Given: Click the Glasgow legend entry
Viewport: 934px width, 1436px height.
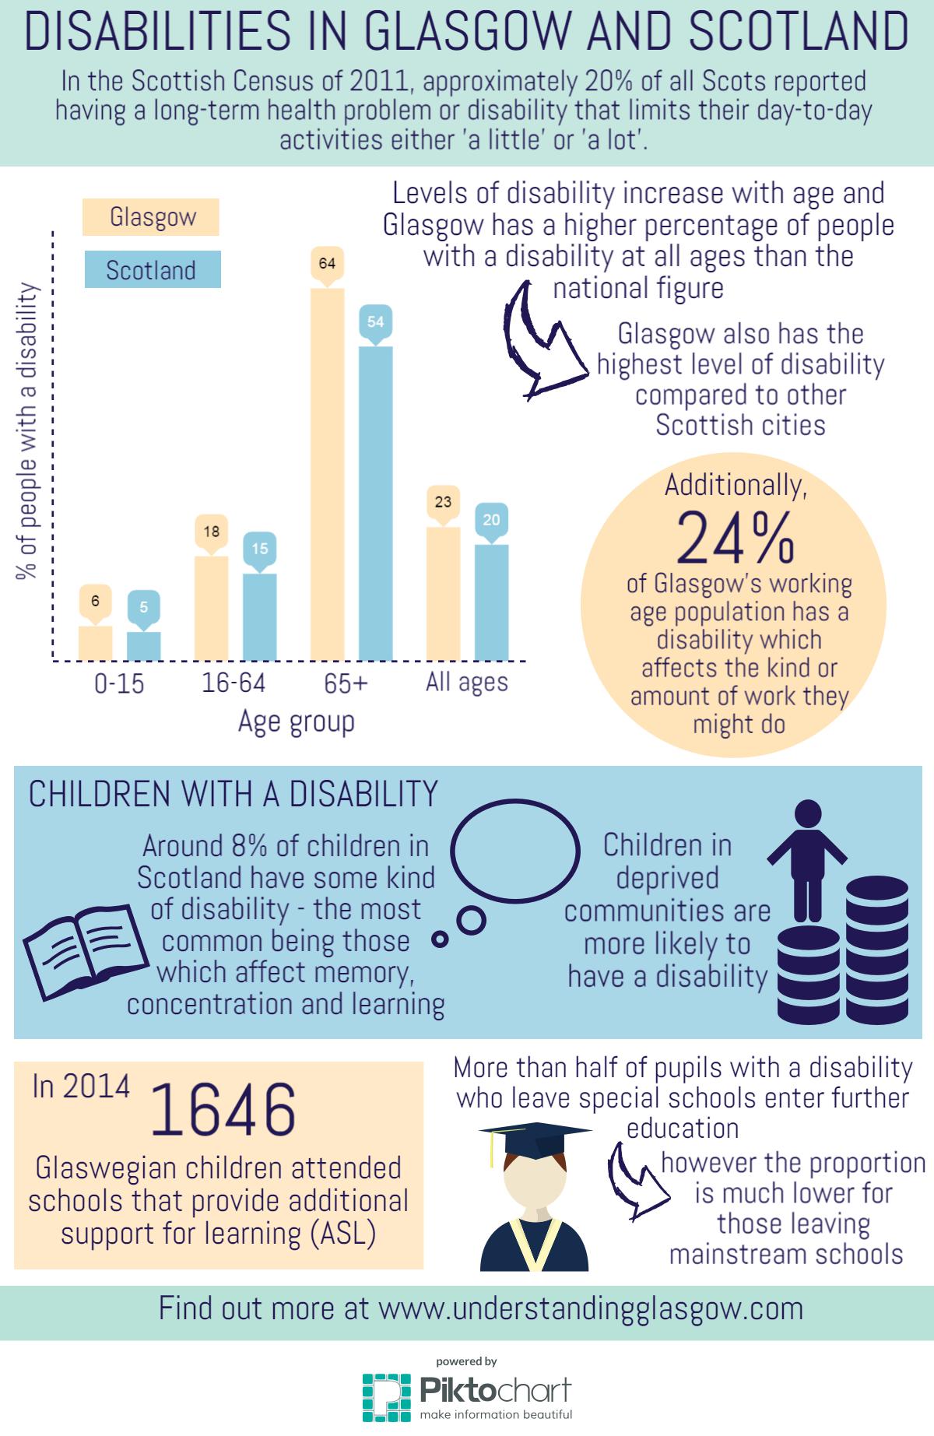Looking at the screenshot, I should point(151,217).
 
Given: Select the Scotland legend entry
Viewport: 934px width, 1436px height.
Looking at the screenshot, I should point(151,270).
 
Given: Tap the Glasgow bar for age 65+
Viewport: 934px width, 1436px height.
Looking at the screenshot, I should point(327,475).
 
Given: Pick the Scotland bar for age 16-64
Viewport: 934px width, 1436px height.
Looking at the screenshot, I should point(259,617).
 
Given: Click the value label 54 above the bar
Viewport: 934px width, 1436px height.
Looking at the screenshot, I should point(375,321).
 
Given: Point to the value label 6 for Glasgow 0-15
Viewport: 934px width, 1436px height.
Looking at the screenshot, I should point(95,601).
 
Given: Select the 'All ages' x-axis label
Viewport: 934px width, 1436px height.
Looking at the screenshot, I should point(466,683).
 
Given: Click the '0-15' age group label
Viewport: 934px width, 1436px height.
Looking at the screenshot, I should point(119,683).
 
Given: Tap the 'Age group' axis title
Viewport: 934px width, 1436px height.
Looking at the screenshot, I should point(296,722).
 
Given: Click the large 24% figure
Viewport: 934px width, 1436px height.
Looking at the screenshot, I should point(735,538).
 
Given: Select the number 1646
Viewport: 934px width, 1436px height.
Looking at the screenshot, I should point(223,1108).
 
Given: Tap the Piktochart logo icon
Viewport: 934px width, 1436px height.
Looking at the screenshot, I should point(386,1398).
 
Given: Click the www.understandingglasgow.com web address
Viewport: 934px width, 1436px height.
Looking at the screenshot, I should point(591,1308).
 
